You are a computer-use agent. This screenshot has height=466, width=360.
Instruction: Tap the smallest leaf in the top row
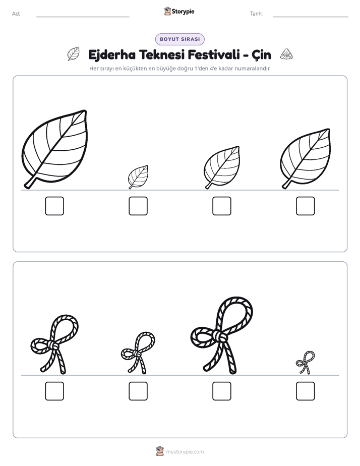139,177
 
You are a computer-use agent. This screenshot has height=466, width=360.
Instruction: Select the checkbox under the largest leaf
54,206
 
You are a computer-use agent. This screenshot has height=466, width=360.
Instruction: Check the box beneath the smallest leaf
138,206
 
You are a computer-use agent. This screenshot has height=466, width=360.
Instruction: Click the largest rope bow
221,335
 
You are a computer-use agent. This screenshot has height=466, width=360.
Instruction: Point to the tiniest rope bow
306,362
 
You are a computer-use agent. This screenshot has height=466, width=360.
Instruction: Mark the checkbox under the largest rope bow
222,391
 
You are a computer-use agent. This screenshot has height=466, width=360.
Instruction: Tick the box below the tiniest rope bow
306,391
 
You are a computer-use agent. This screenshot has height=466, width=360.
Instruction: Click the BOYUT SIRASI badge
179,39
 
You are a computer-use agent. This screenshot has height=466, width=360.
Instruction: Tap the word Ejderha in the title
112,55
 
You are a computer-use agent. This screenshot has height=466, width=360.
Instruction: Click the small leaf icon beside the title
74,54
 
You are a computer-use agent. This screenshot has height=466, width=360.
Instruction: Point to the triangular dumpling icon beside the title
286,54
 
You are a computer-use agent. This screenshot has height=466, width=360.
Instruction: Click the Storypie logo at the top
179,11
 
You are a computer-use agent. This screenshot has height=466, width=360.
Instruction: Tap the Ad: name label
16,14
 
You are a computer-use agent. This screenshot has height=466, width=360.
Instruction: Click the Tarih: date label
256,14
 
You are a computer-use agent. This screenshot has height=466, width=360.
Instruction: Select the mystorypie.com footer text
185,452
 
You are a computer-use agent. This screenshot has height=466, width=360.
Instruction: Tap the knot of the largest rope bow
221,337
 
